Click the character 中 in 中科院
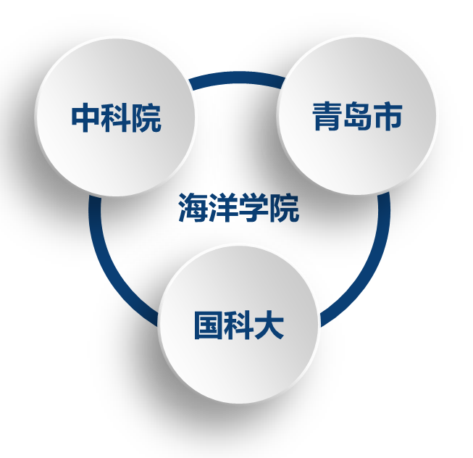pyautogui.click(x=85, y=118)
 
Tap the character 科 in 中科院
pyautogui.click(x=116, y=118)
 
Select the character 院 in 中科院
pyautogui.click(x=146, y=118)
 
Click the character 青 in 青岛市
pyautogui.click(x=327, y=117)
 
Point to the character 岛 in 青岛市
pyautogui.click(x=357, y=117)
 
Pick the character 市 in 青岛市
pyautogui.click(x=388, y=117)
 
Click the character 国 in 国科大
pyautogui.click(x=208, y=325)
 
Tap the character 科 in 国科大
pyautogui.click(x=238, y=325)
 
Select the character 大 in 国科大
pyautogui.click(x=269, y=325)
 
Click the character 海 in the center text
pyautogui.click(x=193, y=209)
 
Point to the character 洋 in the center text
pyautogui.click(x=224, y=209)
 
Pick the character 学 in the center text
pyautogui.click(x=254, y=209)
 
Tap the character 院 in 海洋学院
pyautogui.click(x=284, y=209)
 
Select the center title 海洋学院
pyautogui.click(x=238, y=209)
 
